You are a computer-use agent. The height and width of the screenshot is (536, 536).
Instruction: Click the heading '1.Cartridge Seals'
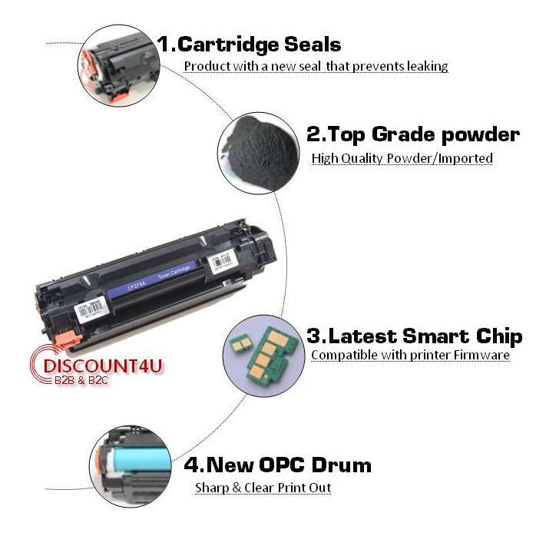[249, 45]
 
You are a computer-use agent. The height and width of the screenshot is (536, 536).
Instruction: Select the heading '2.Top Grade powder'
[413, 134]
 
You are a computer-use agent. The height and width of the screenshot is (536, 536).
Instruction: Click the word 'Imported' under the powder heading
[465, 158]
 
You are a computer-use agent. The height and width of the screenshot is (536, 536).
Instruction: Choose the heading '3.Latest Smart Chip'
[415, 336]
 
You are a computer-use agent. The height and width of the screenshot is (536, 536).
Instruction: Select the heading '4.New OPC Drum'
[277, 465]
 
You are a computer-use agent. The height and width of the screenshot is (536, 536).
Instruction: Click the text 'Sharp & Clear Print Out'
[263, 488]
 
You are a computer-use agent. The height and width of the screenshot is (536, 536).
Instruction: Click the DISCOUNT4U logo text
[103, 366]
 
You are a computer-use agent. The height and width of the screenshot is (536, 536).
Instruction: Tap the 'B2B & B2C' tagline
[81, 380]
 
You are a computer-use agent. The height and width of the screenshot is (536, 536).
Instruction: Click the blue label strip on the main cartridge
[153, 280]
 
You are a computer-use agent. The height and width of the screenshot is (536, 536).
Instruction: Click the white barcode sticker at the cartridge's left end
[91, 309]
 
